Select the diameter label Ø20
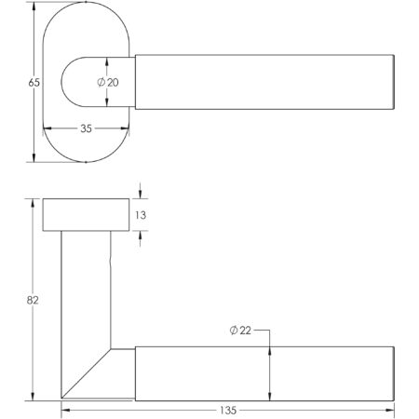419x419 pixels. (107, 83)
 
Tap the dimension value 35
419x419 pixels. (86, 129)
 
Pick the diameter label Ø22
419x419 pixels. (239, 331)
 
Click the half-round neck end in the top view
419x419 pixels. (79, 83)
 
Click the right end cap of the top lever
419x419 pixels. (395, 83)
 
